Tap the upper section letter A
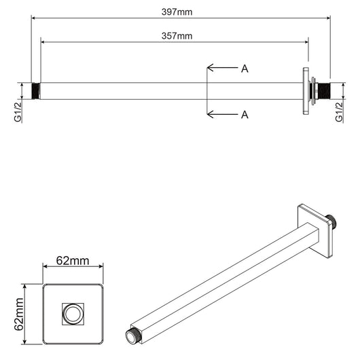pos(245,68)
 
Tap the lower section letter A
pos(245,114)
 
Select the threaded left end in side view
pos(36,91)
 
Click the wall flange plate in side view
pos(308,91)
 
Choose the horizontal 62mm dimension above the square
pos(72,259)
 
